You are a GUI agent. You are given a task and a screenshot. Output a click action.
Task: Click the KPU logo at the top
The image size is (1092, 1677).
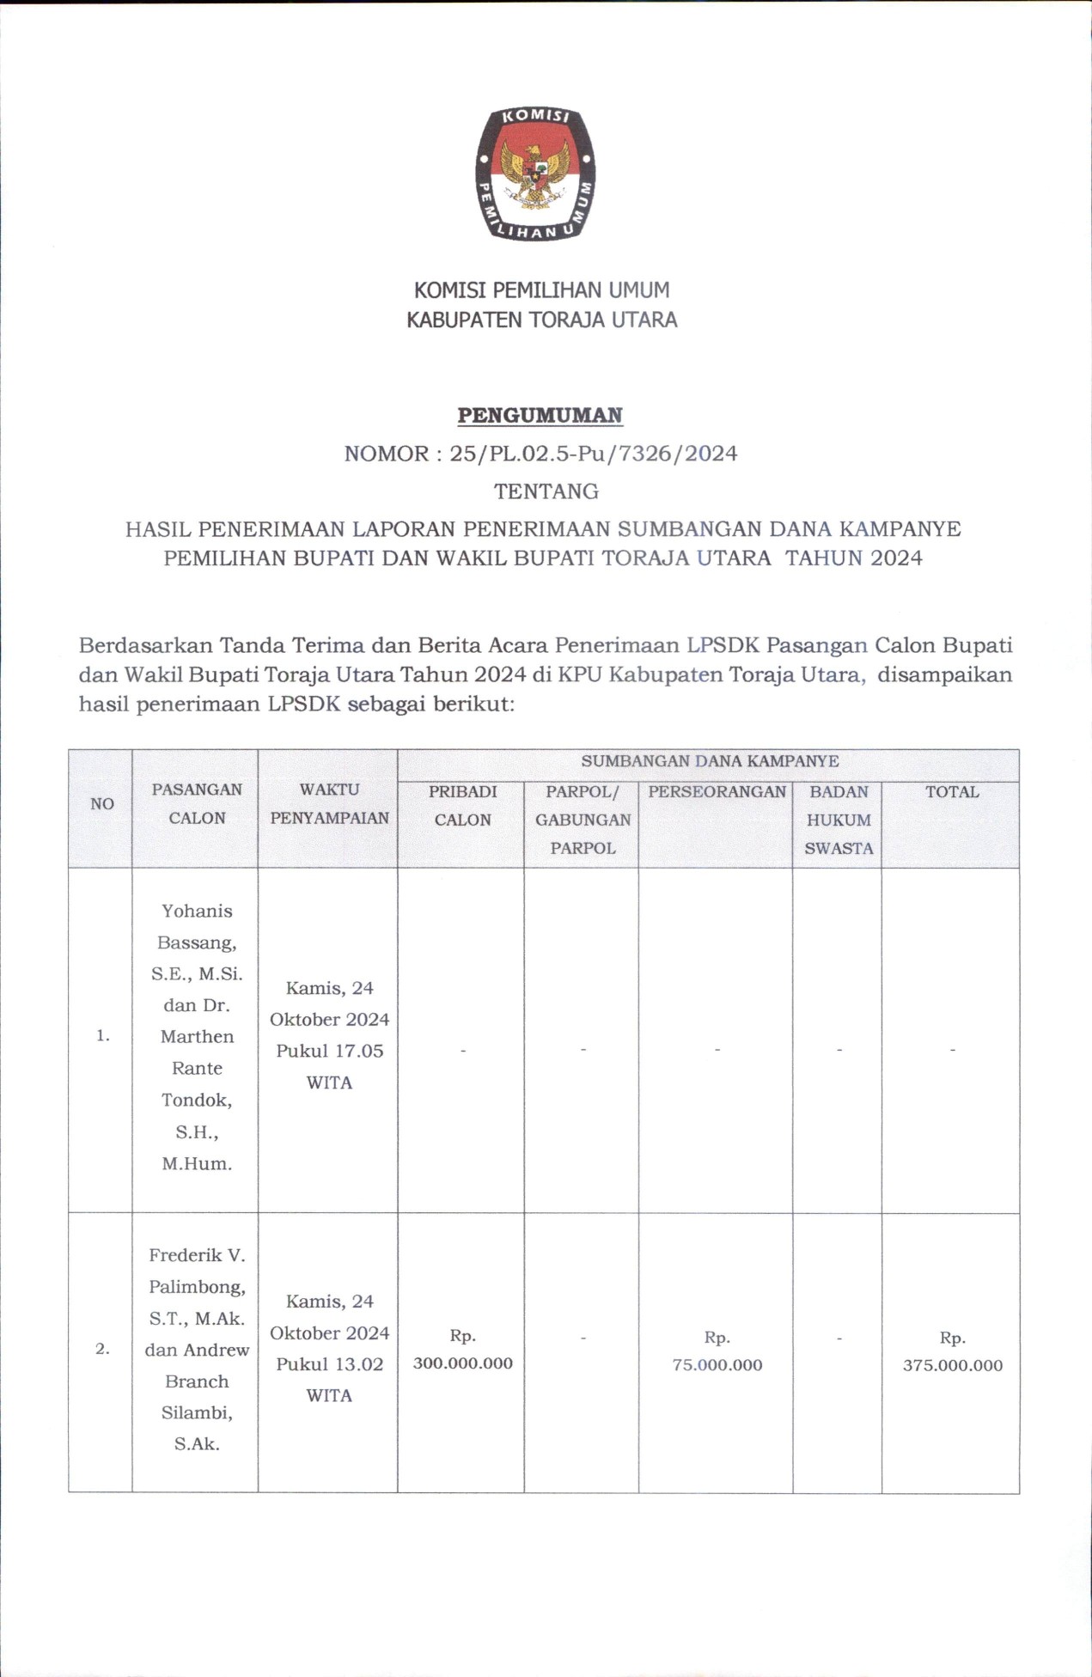pos(535,174)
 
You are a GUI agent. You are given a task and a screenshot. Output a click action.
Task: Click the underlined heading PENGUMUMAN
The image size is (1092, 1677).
pos(540,416)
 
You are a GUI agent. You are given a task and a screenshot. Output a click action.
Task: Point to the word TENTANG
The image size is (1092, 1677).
pos(546,491)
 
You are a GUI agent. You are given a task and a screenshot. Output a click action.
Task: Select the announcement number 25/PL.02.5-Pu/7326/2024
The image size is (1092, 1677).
pos(593,454)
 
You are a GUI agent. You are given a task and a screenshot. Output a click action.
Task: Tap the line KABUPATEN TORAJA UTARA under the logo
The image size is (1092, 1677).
pos(541,320)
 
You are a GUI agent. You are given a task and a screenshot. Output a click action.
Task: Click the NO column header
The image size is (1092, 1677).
pos(101,804)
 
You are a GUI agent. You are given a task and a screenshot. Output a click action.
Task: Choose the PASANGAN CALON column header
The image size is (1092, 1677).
pos(197,803)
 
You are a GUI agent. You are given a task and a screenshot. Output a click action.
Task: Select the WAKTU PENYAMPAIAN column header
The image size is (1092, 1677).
pos(329,803)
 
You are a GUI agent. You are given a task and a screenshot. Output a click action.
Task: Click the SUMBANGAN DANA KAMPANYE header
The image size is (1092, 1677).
pos(710,761)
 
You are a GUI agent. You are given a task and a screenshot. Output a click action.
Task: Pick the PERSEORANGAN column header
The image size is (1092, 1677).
pos(717,792)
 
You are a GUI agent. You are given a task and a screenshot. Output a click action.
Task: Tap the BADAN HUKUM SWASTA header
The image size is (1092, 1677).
pos(838,820)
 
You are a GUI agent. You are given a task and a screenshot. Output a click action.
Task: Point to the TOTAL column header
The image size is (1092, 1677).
pos(952,792)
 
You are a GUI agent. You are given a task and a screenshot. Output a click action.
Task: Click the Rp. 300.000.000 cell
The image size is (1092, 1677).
pos(462,1350)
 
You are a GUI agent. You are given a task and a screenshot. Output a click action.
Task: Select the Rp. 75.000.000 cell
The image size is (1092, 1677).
pos(717,1351)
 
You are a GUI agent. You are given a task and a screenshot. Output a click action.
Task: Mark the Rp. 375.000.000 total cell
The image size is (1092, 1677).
pos(952,1351)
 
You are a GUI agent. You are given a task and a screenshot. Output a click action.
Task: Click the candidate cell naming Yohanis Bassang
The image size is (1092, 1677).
pos(197,1037)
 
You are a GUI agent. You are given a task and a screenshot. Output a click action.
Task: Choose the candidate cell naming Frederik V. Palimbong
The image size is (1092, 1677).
pos(197,1350)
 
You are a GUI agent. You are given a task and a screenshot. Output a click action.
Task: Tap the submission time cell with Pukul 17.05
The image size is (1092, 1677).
pos(329,1035)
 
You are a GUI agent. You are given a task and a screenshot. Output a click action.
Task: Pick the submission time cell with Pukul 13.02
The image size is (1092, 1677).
pos(329,1349)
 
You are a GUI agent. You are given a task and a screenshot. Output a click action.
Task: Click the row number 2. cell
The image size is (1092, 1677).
pos(102,1349)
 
